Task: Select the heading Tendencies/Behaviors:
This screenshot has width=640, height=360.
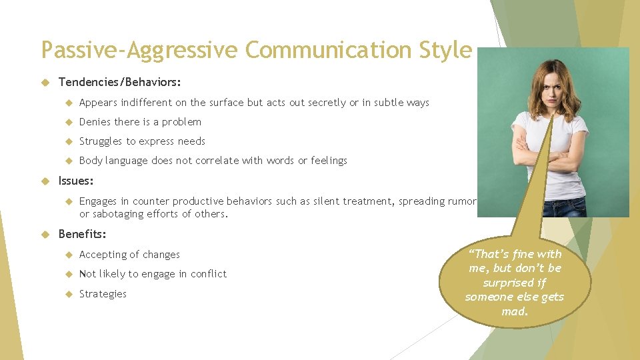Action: [119, 82]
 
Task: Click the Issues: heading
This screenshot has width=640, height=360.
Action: [76, 181]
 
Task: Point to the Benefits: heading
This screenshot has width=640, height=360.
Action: [82, 234]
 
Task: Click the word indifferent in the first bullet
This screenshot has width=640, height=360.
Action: [151, 103]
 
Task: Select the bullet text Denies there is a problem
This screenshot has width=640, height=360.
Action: [140, 122]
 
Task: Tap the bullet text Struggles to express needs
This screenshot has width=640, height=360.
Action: [142, 141]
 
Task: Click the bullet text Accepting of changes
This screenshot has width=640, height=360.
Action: [129, 255]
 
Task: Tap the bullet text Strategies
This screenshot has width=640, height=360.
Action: [103, 294]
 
